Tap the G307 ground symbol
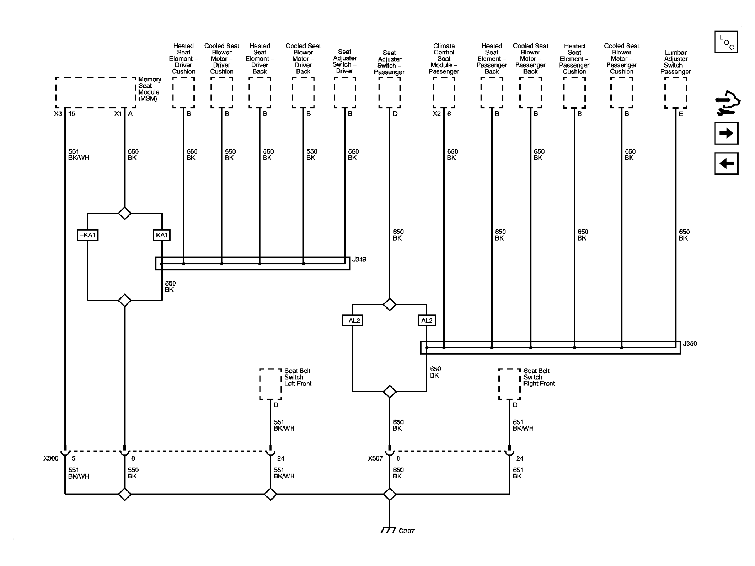pos(389,540)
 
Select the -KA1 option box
pos(87,235)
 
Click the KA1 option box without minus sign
pos(162,235)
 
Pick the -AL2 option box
pos(353,321)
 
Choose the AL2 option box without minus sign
pos(427,321)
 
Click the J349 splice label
pos(359,259)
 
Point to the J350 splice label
pos(690,344)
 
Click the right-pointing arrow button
pos(726,133)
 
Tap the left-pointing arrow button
pos(726,163)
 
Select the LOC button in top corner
pos(726,42)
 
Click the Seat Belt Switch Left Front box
pos(260,384)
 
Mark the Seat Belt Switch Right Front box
pos(499,384)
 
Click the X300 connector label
pos(51,458)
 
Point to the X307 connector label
pos(375,458)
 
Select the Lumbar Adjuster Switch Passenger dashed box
pos(665,93)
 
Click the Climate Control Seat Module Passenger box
pos(434,93)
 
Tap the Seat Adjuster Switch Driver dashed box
pos(334,93)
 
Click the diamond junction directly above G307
pos(390,494)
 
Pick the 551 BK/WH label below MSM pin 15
pos(79,155)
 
